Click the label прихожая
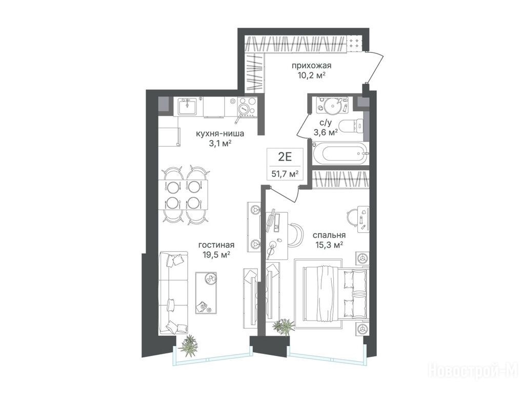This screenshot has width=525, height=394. [311, 65]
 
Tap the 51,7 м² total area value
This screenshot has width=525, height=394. [285, 174]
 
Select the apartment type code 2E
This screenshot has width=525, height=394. [285, 156]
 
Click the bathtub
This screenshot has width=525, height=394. [340, 154]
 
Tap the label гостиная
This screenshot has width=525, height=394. [216, 245]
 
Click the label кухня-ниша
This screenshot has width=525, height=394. [219, 134]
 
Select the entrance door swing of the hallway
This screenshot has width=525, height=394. [375, 67]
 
